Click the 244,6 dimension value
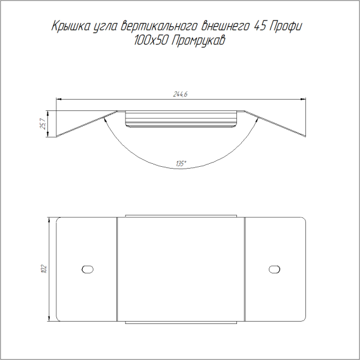[180, 94]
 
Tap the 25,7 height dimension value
[43, 124]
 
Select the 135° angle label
[181, 164]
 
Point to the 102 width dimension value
[44, 269]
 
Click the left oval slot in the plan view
[88, 269]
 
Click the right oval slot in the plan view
[274, 269]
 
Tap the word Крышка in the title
[71, 26]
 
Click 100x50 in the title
[150, 41]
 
